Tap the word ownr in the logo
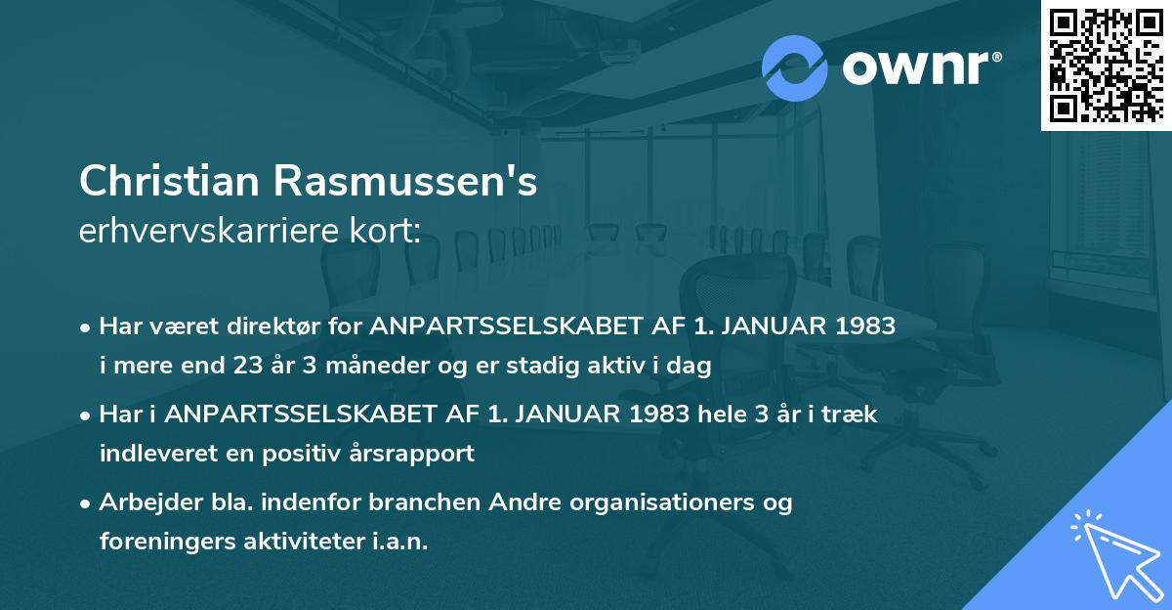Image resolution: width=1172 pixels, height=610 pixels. point(921,66)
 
